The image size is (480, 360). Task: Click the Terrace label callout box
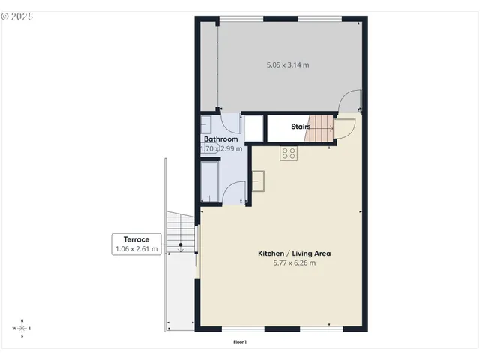[136, 244]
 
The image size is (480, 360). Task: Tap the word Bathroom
[221, 139]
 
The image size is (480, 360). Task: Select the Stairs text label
[301, 127]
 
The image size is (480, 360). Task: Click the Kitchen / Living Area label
[294, 253]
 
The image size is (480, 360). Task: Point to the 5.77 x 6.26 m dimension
[294, 263]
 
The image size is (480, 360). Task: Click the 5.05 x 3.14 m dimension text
[288, 65]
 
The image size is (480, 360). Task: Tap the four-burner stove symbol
[289, 154]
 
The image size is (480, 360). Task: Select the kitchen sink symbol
[258, 181]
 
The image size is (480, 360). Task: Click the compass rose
[22, 328]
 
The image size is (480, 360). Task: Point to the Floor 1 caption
[240, 342]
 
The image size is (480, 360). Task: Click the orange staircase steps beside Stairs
[322, 127]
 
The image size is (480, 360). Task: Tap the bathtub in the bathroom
[209, 182]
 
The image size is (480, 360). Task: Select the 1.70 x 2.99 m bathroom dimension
[222, 149]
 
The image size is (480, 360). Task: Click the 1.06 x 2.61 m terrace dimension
[136, 249]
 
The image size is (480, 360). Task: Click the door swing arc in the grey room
[349, 101]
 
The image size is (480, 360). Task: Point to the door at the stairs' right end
[344, 127]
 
